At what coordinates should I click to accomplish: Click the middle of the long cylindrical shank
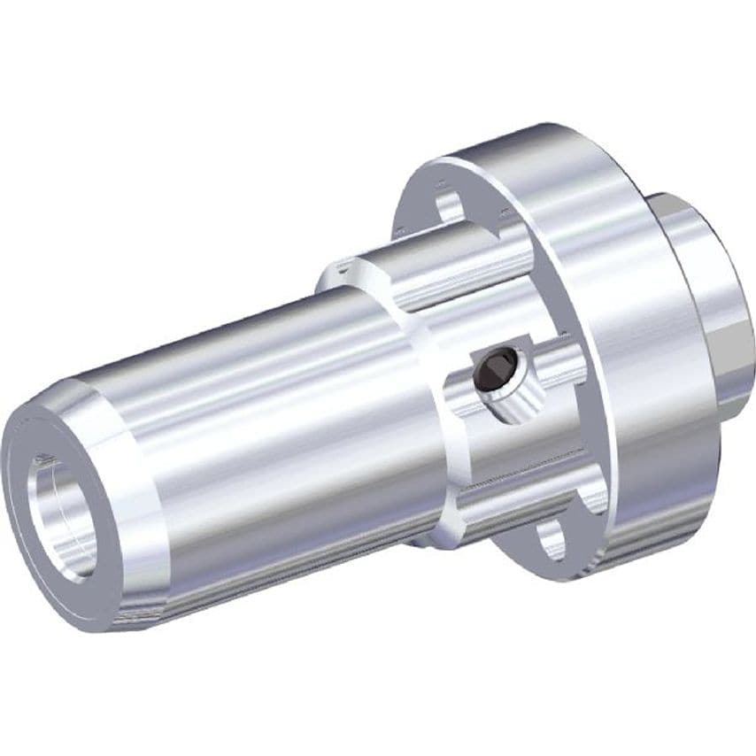pyautogui.click(x=283, y=416)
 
